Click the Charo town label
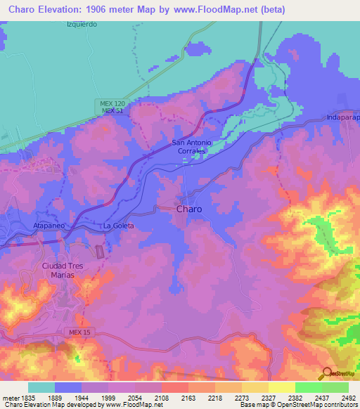(x=190, y=209)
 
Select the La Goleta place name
(x=118, y=226)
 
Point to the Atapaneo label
(x=49, y=226)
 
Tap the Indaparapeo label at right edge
(x=342, y=118)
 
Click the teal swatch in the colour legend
(x=41, y=387)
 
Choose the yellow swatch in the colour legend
(x=281, y=387)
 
